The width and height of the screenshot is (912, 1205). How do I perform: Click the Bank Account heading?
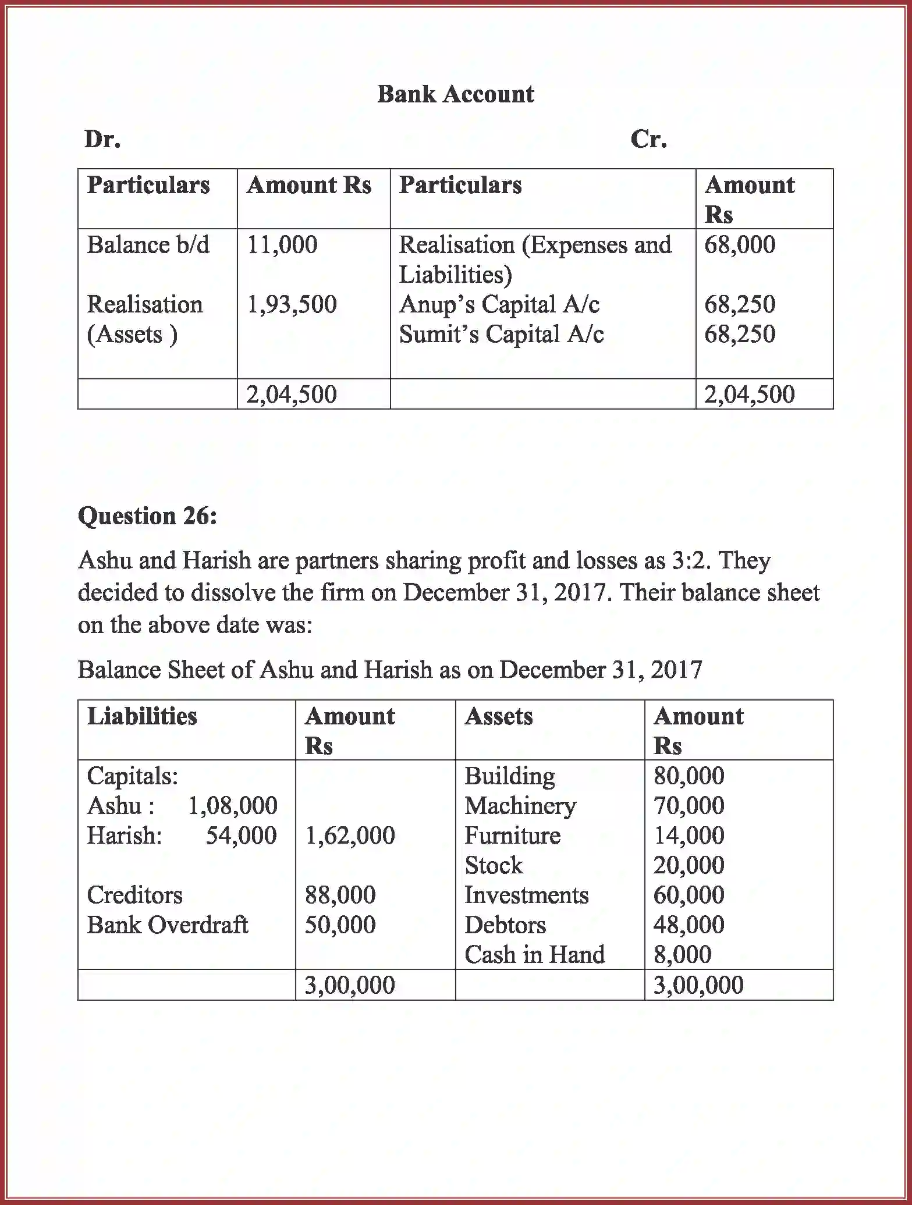tap(455, 94)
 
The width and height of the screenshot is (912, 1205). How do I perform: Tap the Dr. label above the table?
tap(102, 139)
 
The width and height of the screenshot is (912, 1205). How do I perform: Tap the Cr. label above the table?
tap(648, 139)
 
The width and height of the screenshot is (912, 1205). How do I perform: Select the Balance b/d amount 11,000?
tap(282, 244)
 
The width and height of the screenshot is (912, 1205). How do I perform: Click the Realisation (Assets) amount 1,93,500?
tap(292, 304)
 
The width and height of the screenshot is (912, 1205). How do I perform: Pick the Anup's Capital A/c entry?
tap(499, 304)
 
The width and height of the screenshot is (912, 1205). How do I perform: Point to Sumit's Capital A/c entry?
tap(501, 334)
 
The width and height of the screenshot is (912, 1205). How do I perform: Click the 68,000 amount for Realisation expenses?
tap(739, 244)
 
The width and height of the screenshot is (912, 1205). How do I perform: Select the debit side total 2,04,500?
tap(291, 394)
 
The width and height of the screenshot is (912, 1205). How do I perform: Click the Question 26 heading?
tap(147, 516)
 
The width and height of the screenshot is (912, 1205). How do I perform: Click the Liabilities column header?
tap(142, 716)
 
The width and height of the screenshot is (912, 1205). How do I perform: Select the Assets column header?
tap(498, 716)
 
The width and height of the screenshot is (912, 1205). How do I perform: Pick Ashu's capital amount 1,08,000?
tap(232, 806)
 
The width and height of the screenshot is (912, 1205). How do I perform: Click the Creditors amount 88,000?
tap(340, 895)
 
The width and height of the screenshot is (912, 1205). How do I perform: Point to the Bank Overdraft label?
tap(167, 925)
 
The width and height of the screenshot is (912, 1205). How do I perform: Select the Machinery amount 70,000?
tap(689, 806)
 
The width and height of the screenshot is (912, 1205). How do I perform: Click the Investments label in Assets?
tap(526, 895)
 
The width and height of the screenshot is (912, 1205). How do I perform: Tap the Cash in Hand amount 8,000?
tap(682, 955)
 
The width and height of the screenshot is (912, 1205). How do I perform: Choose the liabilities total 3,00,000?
tap(349, 985)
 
